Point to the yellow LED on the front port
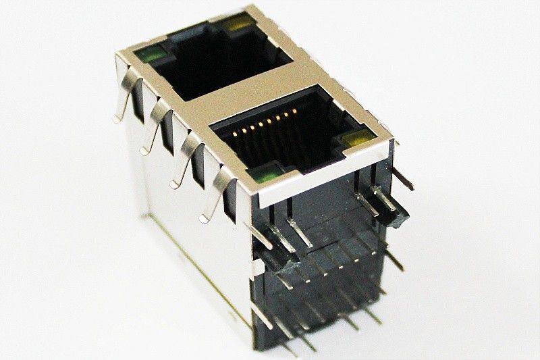(356, 140)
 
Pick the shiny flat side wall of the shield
(189, 257)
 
